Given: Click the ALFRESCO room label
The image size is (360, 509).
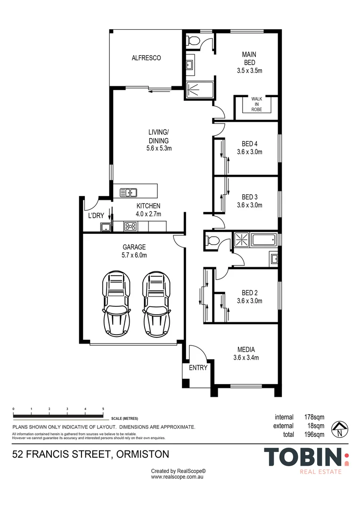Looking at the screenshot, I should point(146,58).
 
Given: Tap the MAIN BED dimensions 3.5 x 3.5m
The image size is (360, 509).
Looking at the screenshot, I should point(249,71).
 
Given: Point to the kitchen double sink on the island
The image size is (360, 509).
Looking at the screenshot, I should point(128,192).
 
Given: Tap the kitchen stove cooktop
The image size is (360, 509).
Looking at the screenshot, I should point(130,227).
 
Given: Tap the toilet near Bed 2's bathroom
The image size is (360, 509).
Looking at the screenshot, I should point(212,241).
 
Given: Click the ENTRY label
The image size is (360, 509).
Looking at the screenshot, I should point(198,368).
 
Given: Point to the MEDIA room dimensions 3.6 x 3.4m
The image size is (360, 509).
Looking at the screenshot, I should point(246,357).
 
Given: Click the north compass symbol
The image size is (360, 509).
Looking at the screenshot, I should point(339,428).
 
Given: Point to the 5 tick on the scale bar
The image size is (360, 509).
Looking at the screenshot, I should point(103,409).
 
